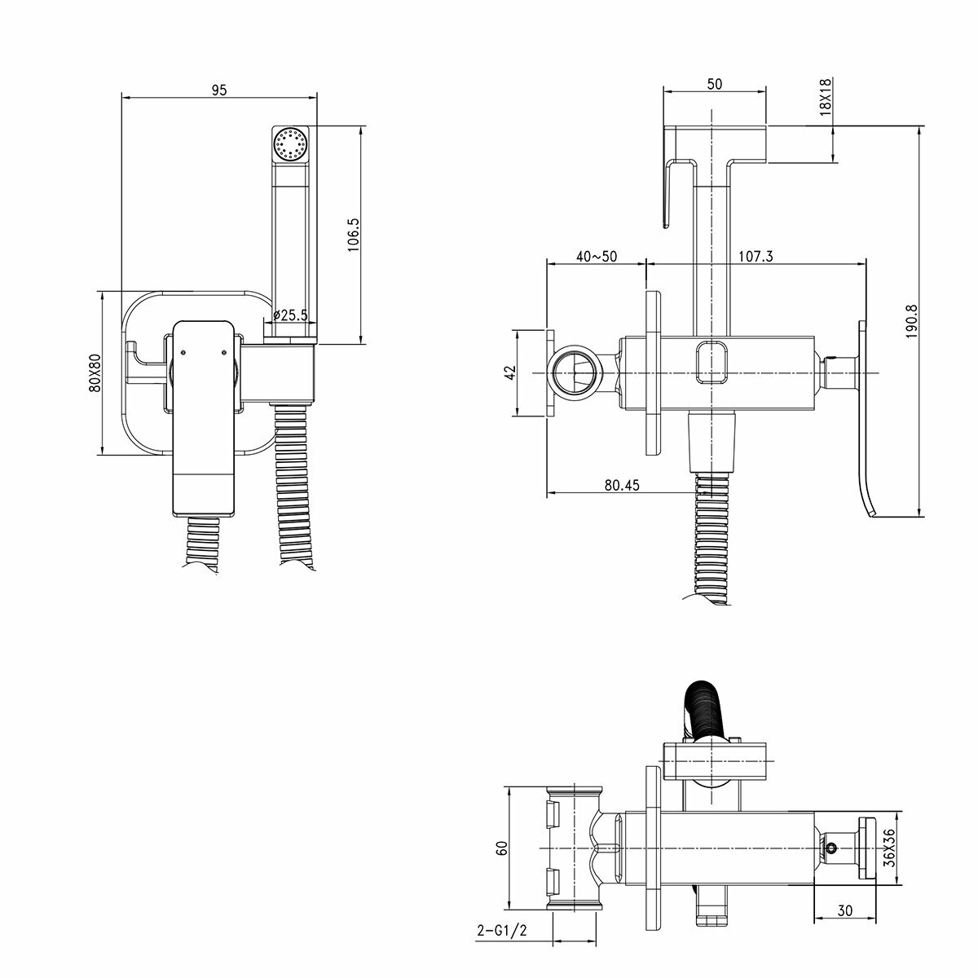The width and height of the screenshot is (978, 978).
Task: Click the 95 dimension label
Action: [x=218, y=90]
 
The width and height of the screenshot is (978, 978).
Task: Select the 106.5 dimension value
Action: [x=354, y=234]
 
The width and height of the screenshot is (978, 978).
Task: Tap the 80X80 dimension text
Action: [x=95, y=372]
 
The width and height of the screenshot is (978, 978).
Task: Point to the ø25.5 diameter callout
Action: [x=290, y=315]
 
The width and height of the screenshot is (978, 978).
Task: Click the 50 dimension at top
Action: [x=715, y=83]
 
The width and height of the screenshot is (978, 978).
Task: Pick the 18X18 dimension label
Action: [x=825, y=97]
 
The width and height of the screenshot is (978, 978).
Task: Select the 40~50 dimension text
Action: [x=596, y=256]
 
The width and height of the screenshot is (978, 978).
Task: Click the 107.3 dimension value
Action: [x=756, y=256]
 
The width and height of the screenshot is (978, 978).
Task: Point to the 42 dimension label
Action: [x=510, y=372]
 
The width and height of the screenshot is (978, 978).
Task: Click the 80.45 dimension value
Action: [x=622, y=485]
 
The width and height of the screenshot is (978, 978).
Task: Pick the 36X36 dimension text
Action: [x=891, y=848]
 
